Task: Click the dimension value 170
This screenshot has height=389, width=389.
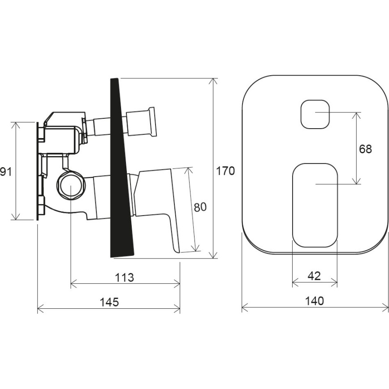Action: (226, 171)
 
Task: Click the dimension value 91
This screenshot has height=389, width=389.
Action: (5, 172)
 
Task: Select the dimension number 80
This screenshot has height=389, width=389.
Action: (200, 207)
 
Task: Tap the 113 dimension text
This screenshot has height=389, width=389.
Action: (124, 277)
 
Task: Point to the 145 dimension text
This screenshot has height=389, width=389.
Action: (109, 303)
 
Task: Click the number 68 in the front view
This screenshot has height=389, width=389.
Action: (365, 149)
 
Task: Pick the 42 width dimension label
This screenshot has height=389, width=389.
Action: (314, 276)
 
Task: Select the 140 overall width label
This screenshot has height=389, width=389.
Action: (314, 301)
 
